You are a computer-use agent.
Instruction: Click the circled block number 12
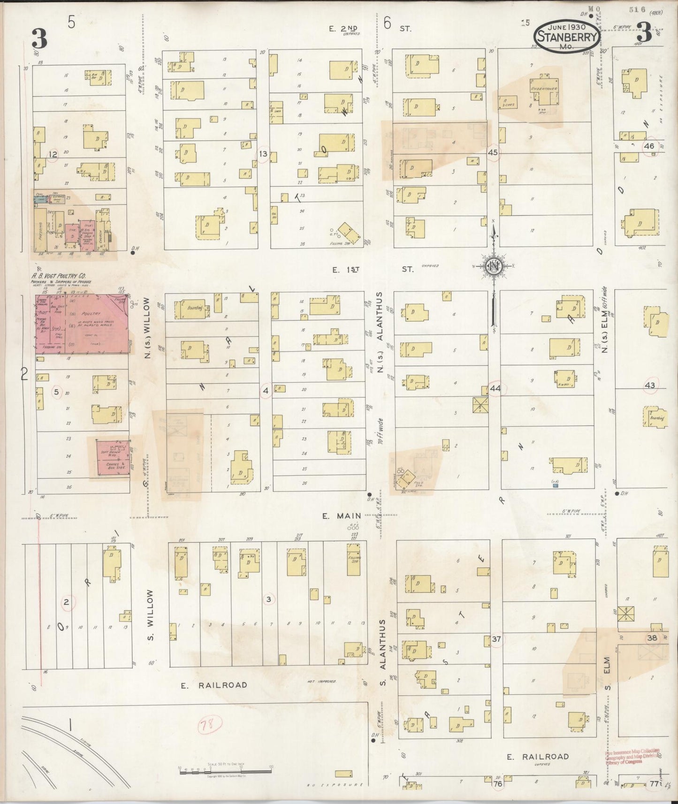tap(53, 154)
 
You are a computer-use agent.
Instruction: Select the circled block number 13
tap(263, 154)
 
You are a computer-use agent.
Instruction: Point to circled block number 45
tap(492, 152)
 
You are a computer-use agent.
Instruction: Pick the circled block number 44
tap(495, 388)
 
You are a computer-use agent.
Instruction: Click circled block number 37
tap(496, 639)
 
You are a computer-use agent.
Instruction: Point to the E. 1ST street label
tap(371, 269)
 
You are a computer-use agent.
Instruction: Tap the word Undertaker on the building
tap(543, 88)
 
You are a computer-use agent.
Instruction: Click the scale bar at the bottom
tap(225, 768)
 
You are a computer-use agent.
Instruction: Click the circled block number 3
tap(268, 599)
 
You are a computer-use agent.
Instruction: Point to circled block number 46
tap(649, 146)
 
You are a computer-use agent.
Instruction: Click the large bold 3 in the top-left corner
tap(39, 38)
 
